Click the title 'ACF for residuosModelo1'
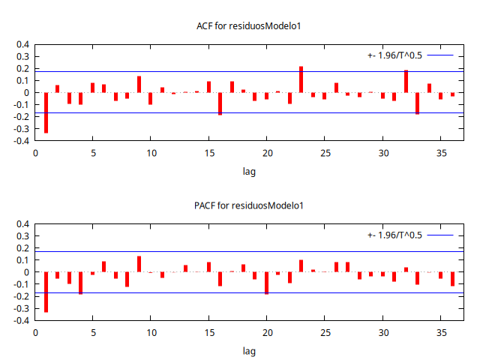tap(249, 26)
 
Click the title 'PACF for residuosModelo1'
tap(249, 205)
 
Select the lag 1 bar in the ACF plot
tap(46, 112)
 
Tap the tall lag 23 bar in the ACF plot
tap(301, 79)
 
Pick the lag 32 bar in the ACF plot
tap(406, 82)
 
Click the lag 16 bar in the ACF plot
tap(220, 103)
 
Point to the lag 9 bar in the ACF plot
tap(139, 84)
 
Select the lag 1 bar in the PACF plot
tap(46, 292)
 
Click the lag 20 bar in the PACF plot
tap(266, 283)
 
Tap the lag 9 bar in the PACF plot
tap(139, 264)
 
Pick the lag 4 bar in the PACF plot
tap(81, 283)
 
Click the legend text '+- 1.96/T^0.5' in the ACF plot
tap(394, 55)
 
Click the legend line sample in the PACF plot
tap(441, 235)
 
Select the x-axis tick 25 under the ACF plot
tap(325, 153)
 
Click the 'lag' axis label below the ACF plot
tap(249, 172)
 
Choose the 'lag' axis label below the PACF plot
tap(249, 350)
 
